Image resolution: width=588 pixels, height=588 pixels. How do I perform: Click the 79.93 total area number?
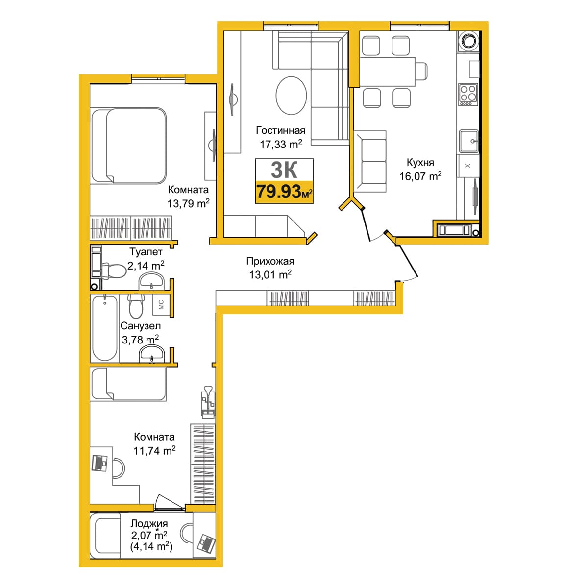pyautogui.click(x=278, y=192)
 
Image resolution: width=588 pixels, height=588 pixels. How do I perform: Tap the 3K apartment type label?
pyautogui.click(x=284, y=170)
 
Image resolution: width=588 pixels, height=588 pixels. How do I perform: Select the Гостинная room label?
pyautogui.click(x=280, y=130)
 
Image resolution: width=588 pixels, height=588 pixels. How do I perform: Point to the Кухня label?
pyautogui.click(x=420, y=163)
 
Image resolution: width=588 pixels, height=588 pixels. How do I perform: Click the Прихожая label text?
pyautogui.click(x=270, y=261)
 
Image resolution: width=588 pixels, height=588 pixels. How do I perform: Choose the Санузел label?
pyautogui.click(x=140, y=326)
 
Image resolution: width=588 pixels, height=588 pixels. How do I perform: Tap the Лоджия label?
pyautogui.click(x=149, y=524)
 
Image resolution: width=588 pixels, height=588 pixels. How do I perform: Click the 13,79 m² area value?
pyautogui.click(x=188, y=203)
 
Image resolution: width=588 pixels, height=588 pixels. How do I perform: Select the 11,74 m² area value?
pyautogui.click(x=154, y=450)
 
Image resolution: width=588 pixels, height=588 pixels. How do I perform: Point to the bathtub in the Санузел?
pyautogui.click(x=105, y=328)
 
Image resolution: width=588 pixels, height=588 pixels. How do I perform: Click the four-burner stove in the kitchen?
pyautogui.click(x=468, y=95)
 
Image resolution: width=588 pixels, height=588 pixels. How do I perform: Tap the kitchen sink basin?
pyautogui.click(x=469, y=141)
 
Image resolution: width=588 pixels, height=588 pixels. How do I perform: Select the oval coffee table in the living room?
pyautogui.click(x=291, y=96)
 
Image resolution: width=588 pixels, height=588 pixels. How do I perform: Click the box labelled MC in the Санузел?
pyautogui.click(x=161, y=304)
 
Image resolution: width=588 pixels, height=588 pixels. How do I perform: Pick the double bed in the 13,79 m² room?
pyautogui.click(x=129, y=146)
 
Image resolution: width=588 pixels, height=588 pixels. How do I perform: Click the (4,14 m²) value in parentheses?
pyautogui.click(x=151, y=546)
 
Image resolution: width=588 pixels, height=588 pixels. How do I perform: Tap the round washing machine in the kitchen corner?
pyautogui.click(x=468, y=41)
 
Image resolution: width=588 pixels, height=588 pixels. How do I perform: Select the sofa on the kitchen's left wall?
pyautogui.click(x=370, y=161)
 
